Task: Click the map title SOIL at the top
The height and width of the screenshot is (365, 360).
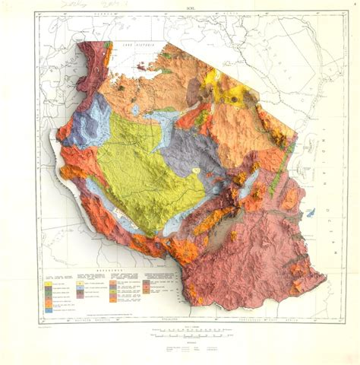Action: [181, 24]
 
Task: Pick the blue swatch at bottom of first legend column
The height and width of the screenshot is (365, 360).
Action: [49, 309]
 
